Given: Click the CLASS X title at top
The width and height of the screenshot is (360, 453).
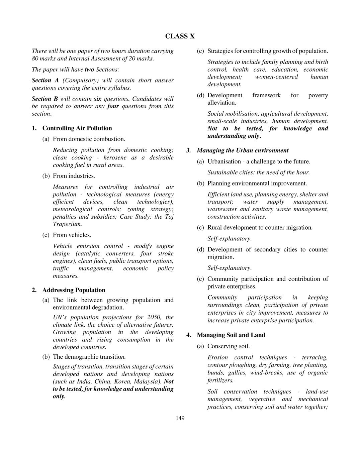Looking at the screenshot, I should tap(180, 36).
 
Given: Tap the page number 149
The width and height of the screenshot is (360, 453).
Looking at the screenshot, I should tap(180, 418).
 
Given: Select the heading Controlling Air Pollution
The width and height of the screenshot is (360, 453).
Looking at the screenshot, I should tap(77, 128).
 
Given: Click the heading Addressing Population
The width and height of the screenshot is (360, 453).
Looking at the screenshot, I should tap(74, 290).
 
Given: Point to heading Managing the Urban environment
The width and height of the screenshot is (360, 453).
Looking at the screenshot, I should tap(242, 150).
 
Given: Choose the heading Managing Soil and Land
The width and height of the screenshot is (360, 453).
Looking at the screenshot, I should tap(231, 335).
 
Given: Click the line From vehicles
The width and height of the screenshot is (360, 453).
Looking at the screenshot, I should tap(72, 235).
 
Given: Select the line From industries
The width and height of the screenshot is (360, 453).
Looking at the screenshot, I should tap(74, 176).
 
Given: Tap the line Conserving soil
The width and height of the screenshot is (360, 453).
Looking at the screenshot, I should tap(228, 346).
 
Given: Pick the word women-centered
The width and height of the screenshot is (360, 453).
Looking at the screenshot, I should tap(276, 77).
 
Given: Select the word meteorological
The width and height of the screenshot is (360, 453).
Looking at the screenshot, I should tap(72, 209).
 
